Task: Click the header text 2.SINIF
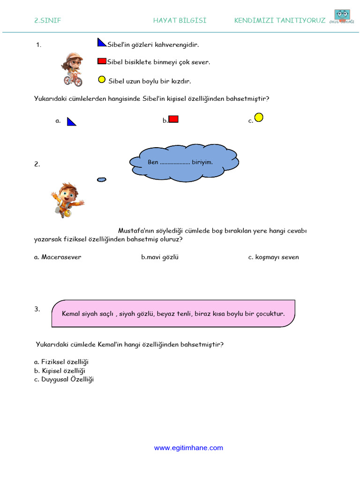point(48,21)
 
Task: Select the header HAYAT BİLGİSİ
point(180,21)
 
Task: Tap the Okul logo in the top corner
point(342,17)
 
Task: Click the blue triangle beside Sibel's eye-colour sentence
point(102,43)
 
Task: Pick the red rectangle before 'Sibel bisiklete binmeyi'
point(102,61)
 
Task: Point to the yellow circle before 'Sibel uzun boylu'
point(102,79)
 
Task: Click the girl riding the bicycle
point(72,69)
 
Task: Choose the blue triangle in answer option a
point(71,122)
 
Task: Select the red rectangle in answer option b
point(173,119)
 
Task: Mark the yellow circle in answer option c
point(259,117)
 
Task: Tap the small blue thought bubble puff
point(101,180)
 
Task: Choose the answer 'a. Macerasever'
point(58,257)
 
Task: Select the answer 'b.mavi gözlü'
point(160,257)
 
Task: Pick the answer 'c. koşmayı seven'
point(273,257)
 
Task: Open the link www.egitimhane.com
point(188,448)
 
